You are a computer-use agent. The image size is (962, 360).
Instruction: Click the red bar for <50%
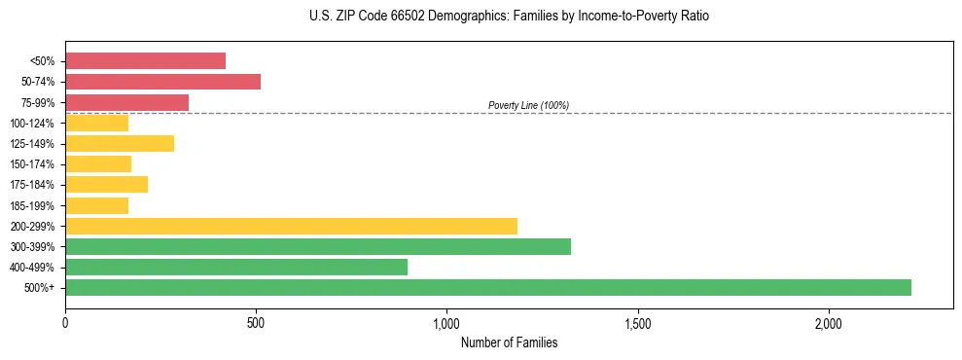[x=145, y=61]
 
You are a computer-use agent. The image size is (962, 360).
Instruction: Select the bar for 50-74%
[x=162, y=82]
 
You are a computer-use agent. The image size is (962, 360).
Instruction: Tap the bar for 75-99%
[x=126, y=102]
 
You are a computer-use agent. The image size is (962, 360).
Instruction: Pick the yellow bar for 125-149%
[x=120, y=144]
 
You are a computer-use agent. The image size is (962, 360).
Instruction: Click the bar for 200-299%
[x=291, y=226]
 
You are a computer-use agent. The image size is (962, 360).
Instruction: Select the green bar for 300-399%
[x=317, y=246]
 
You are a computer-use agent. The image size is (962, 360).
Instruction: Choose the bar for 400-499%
[x=236, y=267]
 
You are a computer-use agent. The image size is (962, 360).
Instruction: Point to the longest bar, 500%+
[x=487, y=287]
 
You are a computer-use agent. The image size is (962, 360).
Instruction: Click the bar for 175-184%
[x=106, y=185]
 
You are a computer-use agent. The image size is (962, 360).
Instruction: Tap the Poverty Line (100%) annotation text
[x=528, y=105]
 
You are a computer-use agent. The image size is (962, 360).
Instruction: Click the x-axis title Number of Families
[x=509, y=342]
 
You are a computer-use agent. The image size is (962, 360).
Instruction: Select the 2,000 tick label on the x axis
[x=828, y=322]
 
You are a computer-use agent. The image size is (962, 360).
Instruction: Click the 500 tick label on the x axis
[x=256, y=322]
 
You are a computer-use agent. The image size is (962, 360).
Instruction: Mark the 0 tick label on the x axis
[x=65, y=322]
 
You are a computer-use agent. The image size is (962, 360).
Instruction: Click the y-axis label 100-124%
[x=32, y=124]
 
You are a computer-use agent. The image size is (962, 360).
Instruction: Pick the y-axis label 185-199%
[x=32, y=205]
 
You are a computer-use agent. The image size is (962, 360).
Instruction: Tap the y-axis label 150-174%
[x=32, y=164]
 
